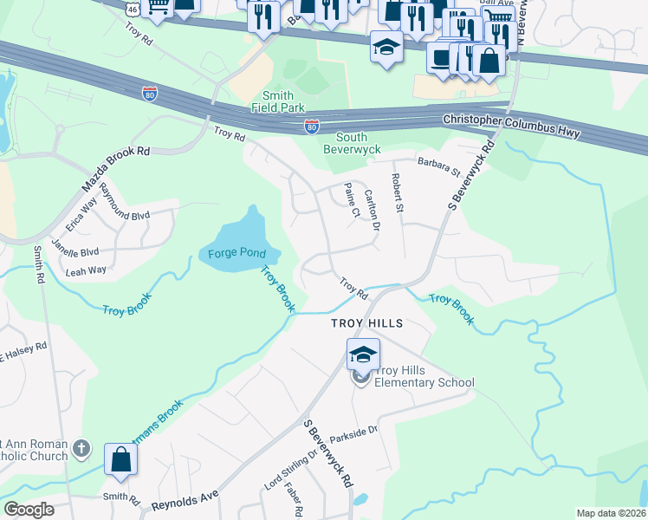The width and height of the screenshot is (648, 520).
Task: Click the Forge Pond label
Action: [x=240, y=253]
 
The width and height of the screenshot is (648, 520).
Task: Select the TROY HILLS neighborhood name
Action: [x=367, y=323]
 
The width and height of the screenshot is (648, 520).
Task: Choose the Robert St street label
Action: [x=398, y=195]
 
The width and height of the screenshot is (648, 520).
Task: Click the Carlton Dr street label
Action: [x=373, y=211]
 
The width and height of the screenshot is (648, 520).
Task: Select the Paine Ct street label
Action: [x=352, y=200]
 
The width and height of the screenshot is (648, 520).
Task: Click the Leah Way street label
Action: [x=86, y=270]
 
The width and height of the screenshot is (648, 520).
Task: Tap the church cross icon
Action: [x=81, y=449]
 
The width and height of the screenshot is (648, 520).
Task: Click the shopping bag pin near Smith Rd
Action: [x=120, y=459]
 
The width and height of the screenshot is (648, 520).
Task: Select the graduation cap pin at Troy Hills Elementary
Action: [x=363, y=354]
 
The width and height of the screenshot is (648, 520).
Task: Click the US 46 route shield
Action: [x=132, y=9]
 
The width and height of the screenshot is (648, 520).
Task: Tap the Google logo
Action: [x=29, y=510]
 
